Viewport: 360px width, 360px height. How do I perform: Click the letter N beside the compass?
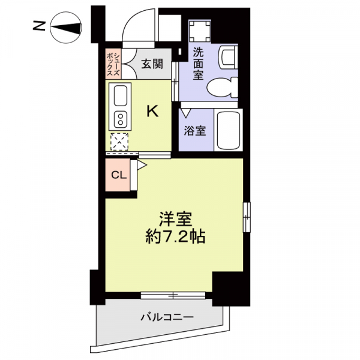[38, 26]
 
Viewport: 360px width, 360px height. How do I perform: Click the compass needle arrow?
[66, 28]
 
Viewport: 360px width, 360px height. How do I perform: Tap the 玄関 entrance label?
[152, 64]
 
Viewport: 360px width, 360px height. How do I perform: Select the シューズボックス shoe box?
[113, 64]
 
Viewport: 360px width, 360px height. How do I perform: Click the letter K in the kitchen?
[152, 112]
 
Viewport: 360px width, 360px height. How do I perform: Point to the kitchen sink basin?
[121, 95]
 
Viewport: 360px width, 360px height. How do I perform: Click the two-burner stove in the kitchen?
[121, 119]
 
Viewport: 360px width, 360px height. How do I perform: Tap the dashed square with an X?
[119, 142]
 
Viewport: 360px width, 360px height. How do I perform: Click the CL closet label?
[119, 175]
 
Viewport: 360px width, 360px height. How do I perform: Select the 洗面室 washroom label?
[198, 64]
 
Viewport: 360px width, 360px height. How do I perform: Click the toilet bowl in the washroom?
[222, 88]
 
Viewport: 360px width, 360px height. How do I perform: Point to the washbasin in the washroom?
[227, 58]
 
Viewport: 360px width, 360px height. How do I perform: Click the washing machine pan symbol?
[200, 31]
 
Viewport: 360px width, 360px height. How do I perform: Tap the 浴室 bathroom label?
[195, 131]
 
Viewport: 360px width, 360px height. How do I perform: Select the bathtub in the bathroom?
[228, 130]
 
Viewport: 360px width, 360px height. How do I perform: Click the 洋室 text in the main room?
[176, 218]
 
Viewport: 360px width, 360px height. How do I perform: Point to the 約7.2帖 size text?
[175, 236]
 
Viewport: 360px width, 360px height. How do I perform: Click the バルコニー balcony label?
[167, 317]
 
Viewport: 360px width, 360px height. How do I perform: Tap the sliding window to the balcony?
[173, 295]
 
